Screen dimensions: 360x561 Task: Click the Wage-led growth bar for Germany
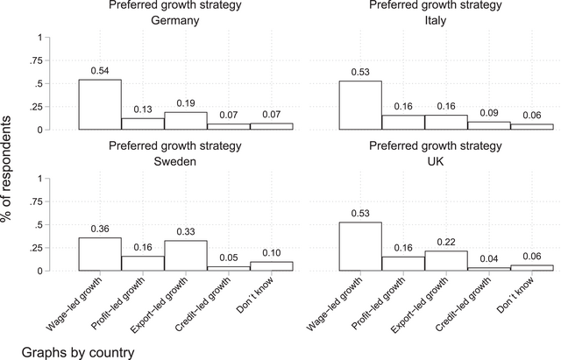click(100, 104)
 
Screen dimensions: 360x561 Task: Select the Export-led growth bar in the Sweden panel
click(186, 255)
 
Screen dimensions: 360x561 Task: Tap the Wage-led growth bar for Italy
click(360, 105)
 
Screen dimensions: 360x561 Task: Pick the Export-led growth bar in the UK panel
click(445, 260)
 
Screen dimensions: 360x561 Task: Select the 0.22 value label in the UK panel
click(445, 241)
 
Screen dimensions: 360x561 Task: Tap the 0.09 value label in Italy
click(488, 112)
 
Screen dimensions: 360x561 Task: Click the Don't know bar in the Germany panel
click(271, 126)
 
